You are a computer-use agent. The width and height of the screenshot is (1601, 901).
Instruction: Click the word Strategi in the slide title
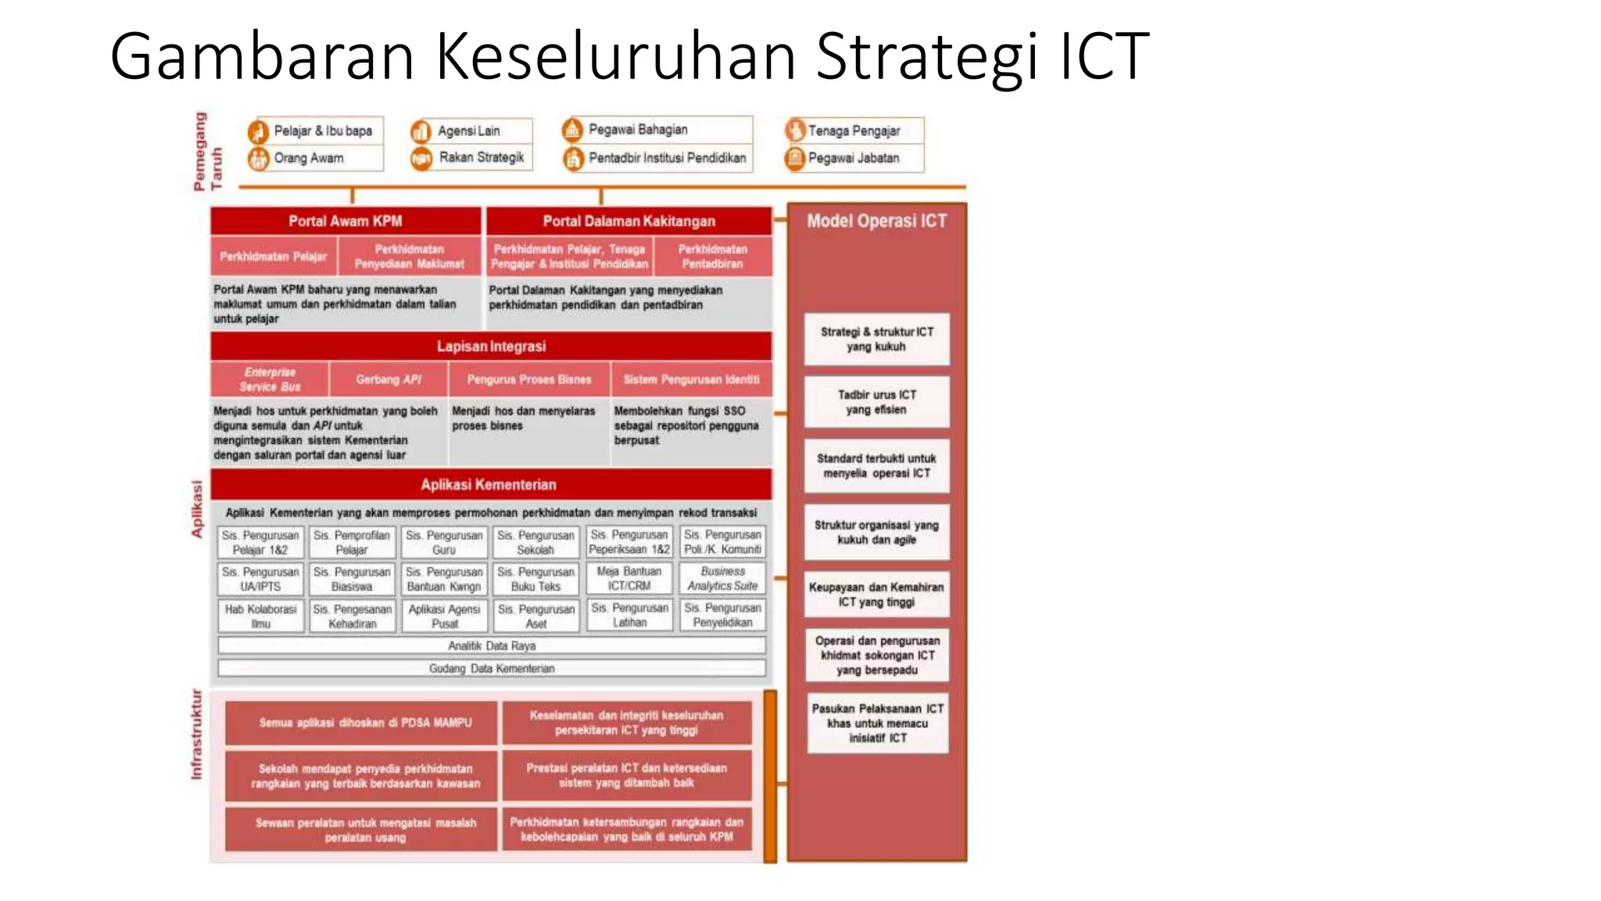coord(927,56)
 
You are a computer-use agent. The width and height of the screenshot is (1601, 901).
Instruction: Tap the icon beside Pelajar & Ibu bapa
coord(258,131)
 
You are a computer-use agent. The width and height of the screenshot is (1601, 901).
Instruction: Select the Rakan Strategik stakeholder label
coord(481,157)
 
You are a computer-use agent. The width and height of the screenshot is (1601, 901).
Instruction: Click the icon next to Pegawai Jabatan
coord(794,158)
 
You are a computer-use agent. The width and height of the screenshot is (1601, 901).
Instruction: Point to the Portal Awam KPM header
coord(346,221)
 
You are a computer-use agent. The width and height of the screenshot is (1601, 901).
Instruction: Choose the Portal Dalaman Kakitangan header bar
coord(629,221)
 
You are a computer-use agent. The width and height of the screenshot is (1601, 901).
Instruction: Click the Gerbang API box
coord(389,379)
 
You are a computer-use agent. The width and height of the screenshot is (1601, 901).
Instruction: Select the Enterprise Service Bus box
coord(270,379)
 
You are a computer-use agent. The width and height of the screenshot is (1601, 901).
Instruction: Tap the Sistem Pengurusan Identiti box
coord(691,379)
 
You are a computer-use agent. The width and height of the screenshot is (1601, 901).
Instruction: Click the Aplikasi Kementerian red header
coord(490,485)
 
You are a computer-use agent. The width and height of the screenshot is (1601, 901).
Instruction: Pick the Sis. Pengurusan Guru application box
coord(444,542)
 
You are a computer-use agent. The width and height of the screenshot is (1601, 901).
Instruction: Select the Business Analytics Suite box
coord(722,579)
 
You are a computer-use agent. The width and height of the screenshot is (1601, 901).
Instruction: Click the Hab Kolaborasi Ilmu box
coord(260,616)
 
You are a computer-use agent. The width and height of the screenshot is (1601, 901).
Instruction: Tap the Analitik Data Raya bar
coord(492,646)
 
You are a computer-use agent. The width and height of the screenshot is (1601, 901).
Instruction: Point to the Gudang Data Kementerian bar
coord(492,669)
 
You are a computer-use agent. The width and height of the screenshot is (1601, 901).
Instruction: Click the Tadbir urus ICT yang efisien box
coord(876,402)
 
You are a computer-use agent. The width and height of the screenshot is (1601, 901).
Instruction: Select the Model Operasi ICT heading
coord(876,221)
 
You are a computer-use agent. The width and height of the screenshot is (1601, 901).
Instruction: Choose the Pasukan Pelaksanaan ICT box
coord(877,723)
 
